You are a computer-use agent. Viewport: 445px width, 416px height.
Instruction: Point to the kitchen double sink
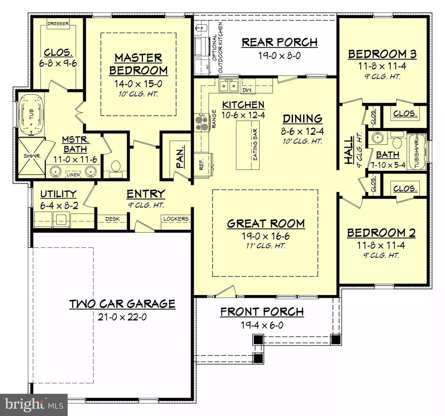(229, 86)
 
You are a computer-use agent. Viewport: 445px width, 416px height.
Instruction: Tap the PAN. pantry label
(180, 157)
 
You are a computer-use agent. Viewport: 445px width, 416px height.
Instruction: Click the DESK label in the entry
(112, 219)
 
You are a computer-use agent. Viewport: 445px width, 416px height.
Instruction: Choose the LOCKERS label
(176, 219)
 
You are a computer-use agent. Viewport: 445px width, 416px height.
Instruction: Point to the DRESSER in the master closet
(58, 24)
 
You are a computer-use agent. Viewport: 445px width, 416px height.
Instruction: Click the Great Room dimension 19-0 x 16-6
(266, 236)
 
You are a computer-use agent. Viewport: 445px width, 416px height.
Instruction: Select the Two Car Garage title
(123, 304)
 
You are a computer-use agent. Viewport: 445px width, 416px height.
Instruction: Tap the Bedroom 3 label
(382, 54)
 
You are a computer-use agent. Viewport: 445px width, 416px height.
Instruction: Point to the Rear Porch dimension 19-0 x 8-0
(279, 56)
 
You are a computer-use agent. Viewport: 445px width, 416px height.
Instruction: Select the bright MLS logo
(34, 405)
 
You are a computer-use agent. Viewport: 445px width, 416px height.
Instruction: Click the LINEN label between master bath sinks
(73, 175)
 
